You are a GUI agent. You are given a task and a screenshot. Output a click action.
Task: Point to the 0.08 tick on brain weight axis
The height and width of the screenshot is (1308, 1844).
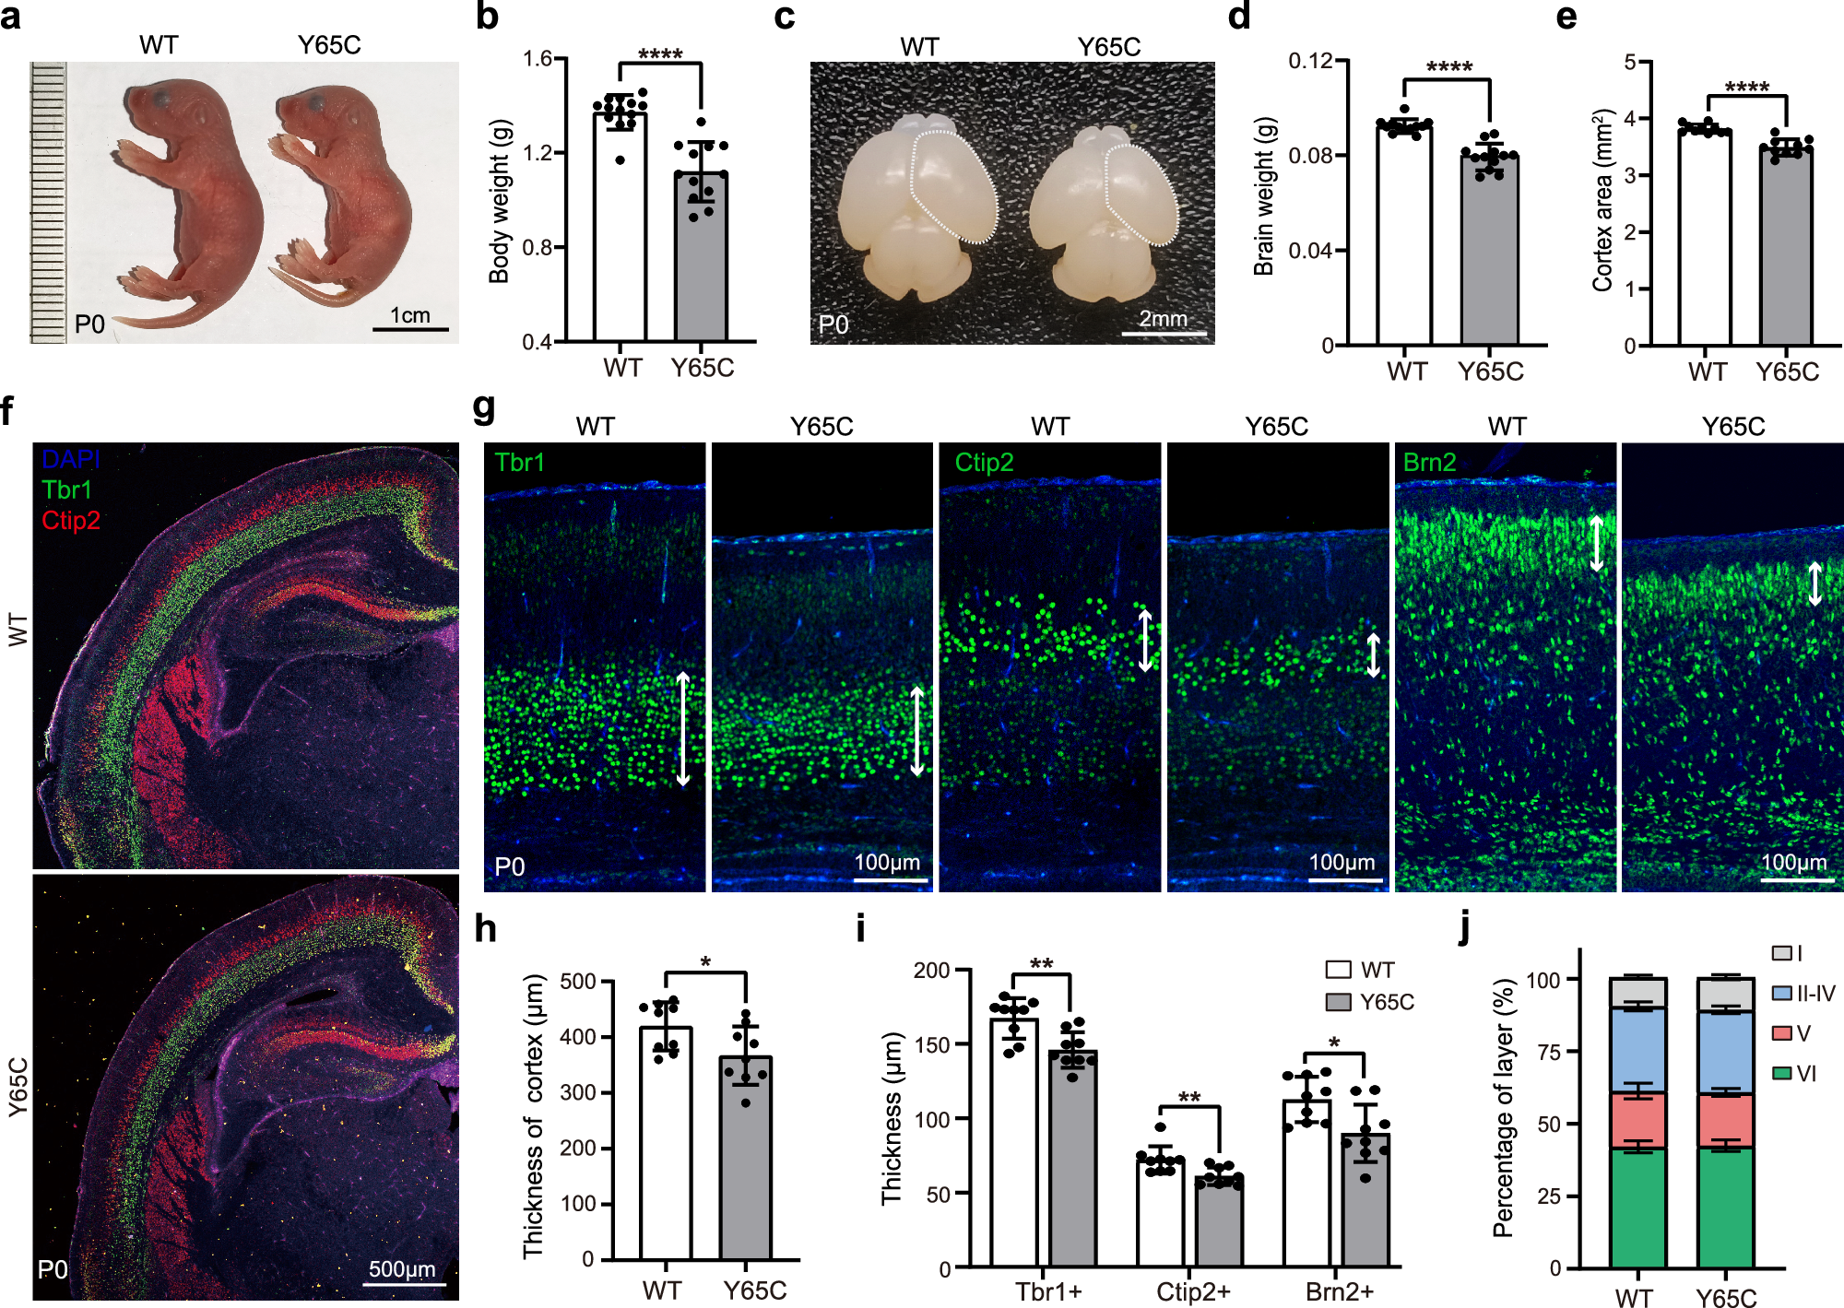click(x=1310, y=156)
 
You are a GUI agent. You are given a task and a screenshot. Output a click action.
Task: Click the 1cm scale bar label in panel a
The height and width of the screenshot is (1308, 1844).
click(x=410, y=315)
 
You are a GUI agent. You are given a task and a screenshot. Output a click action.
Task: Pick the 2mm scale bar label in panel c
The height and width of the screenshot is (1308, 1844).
click(x=1163, y=319)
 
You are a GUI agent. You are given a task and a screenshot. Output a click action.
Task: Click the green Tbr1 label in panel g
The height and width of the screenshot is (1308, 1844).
click(x=519, y=463)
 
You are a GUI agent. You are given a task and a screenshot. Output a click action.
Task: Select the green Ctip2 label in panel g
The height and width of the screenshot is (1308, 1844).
click(x=984, y=463)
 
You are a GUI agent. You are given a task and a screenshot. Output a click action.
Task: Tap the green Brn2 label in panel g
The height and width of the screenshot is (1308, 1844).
click(x=1429, y=463)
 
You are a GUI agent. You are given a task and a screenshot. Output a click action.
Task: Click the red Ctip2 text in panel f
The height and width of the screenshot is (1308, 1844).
click(x=71, y=521)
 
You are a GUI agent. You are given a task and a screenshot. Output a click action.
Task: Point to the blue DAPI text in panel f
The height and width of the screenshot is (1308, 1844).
click(x=71, y=459)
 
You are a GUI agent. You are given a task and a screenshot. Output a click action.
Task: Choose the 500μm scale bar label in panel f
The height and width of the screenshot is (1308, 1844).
click(x=402, y=1269)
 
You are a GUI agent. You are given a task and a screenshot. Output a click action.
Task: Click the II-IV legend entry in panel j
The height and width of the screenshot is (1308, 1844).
click(x=1814, y=994)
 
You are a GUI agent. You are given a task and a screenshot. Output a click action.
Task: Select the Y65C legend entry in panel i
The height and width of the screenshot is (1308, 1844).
click(x=1386, y=1002)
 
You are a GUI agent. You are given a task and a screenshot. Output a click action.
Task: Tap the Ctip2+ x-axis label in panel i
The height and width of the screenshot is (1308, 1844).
click(x=1193, y=1292)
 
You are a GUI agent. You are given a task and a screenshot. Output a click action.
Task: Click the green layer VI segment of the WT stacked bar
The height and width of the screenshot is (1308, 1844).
click(x=1637, y=1208)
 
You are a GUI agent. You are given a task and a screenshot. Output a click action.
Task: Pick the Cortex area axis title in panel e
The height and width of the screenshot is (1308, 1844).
click(x=1603, y=201)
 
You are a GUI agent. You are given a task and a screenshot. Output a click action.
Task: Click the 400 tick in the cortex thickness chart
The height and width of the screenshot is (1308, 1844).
click(x=578, y=1037)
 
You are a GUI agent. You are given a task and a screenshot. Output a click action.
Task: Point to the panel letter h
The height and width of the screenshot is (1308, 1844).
click(x=485, y=929)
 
